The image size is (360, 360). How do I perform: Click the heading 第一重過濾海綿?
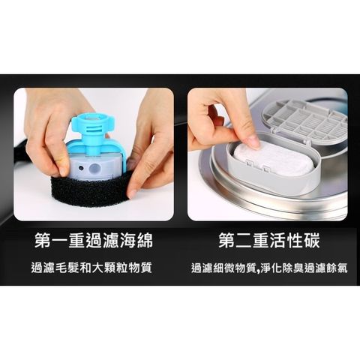point(93,241)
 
